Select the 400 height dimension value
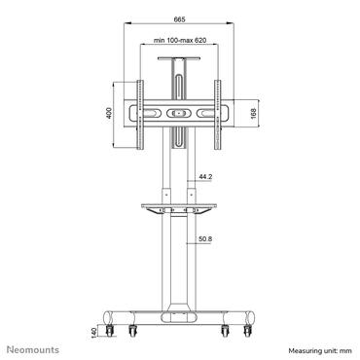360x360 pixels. click(x=109, y=113)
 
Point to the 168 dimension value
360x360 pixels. click(x=253, y=113)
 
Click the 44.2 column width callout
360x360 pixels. click(x=204, y=177)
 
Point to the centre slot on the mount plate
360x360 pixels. click(x=179, y=113)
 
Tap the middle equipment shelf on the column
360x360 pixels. click(x=179, y=205)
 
